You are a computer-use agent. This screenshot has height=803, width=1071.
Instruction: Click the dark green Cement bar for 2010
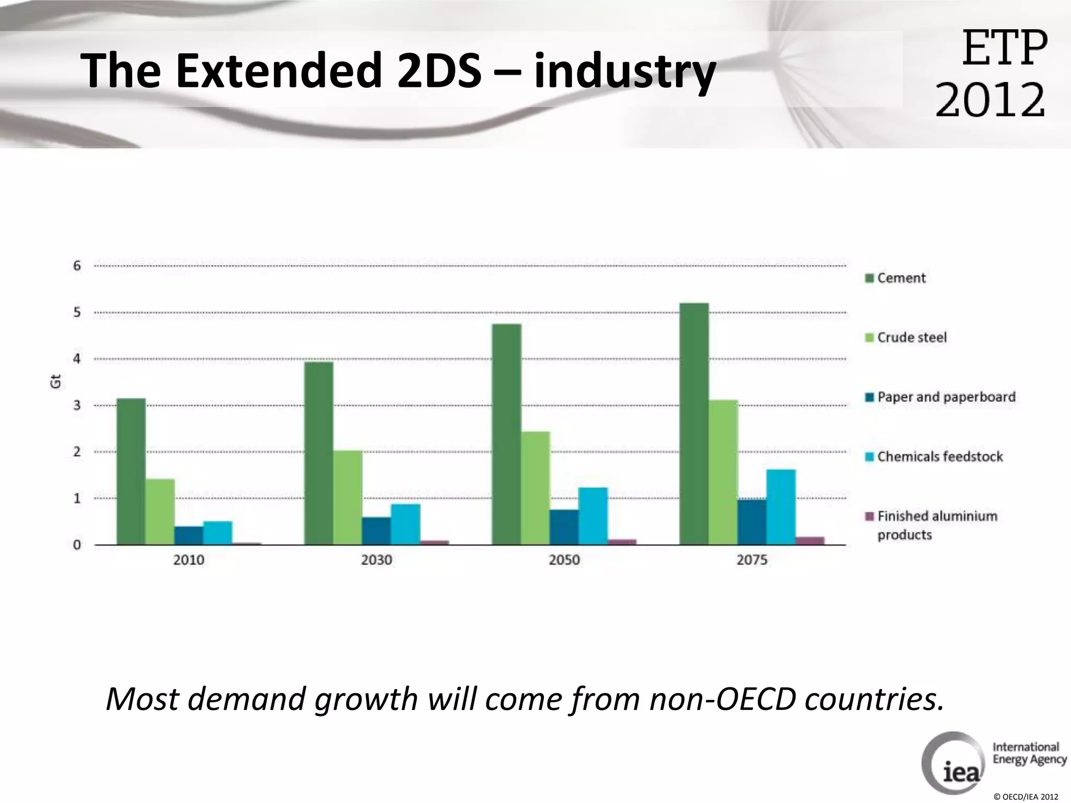[131, 472]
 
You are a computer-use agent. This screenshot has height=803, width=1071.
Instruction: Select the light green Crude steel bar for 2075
[723, 473]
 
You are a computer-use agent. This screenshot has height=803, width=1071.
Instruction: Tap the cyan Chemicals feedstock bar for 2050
[593, 517]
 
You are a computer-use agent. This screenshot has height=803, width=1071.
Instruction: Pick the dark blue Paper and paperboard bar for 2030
[376, 531]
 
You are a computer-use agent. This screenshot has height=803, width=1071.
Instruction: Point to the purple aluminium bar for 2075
[810, 541]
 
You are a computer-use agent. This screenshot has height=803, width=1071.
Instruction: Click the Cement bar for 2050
[506, 434]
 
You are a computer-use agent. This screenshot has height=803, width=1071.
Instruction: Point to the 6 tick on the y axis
[77, 266]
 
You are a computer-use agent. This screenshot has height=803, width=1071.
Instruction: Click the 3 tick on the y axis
[77, 405]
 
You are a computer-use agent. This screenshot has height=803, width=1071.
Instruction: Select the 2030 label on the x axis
[376, 560]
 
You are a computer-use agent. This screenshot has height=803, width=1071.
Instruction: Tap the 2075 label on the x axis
[751, 560]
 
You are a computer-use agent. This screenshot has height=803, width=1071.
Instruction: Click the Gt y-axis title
[55, 382]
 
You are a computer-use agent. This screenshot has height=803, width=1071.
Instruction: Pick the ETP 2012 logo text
[991, 73]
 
